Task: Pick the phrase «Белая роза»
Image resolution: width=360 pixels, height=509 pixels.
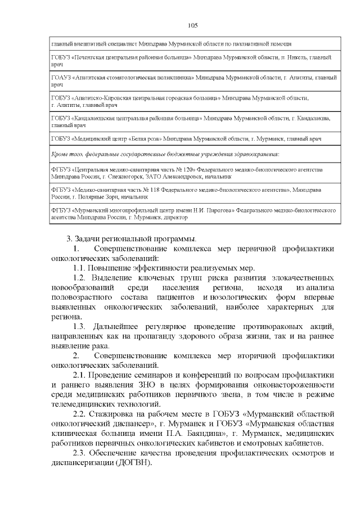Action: pyautogui.click(x=146, y=138)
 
